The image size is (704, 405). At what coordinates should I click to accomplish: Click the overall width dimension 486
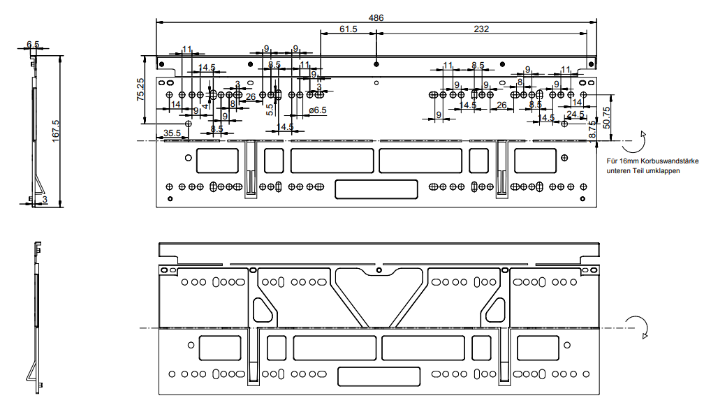point(376,17)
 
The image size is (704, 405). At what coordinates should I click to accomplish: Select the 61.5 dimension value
point(349,29)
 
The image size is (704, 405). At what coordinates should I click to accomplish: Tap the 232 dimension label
point(481,29)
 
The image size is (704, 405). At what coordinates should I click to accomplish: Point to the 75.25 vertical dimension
point(140,90)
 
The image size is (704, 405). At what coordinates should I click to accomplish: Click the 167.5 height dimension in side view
point(55,131)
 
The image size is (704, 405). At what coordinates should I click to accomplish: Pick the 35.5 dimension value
point(172,133)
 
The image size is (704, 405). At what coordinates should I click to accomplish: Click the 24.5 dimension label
point(575,114)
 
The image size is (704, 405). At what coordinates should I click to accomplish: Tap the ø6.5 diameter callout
point(317,110)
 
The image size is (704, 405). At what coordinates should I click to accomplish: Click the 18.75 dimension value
point(592,131)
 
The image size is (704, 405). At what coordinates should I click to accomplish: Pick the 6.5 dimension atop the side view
point(33,44)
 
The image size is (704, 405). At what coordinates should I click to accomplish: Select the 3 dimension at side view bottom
point(45,200)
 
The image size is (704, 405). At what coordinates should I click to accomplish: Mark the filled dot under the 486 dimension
point(376,64)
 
